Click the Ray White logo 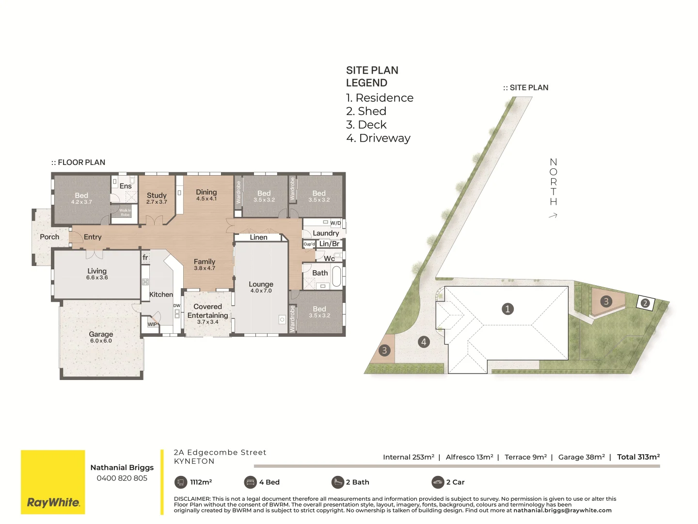click(53, 502)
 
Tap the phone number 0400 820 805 click(122, 478)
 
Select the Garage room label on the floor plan click(101, 337)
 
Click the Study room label click(157, 197)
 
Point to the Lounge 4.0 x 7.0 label click(261, 287)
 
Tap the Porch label click(49, 237)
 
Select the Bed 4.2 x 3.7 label click(81, 198)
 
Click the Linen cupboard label click(258, 237)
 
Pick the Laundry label click(326, 233)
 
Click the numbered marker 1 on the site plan click(508, 309)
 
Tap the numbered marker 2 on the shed click(645, 303)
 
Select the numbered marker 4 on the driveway click(424, 342)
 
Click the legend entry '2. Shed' click(366, 111)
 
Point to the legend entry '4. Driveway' click(378, 138)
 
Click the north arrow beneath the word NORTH click(553, 215)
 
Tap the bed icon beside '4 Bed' click(250, 482)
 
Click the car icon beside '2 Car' click(438, 482)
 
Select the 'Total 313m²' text click(638, 457)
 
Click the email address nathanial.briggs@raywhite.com click(562, 510)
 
